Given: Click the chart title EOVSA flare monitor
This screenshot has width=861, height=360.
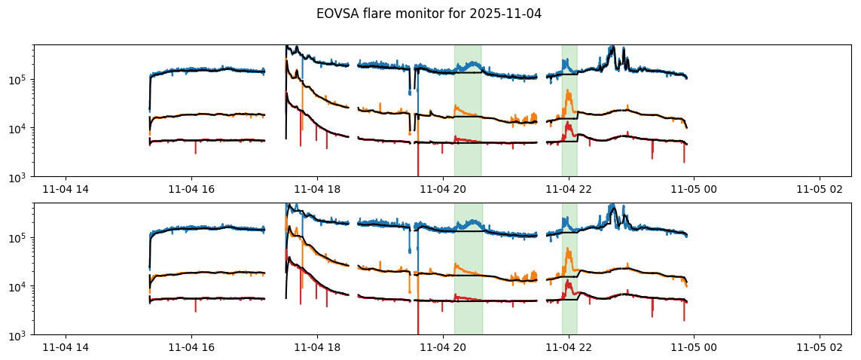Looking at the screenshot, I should pyautogui.click(x=392, y=14).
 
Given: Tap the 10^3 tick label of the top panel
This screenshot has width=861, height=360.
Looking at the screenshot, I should pyautogui.click(x=20, y=177).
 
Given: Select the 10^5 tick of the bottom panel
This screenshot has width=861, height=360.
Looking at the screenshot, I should pyautogui.click(x=20, y=237).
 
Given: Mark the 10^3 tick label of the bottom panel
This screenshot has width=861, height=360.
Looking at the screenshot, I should pyautogui.click(x=20, y=335).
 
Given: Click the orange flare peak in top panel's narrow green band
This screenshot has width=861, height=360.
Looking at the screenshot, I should pyautogui.click(x=569, y=92).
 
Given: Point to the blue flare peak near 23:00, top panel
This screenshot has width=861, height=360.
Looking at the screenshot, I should pyautogui.click(x=612, y=47).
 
